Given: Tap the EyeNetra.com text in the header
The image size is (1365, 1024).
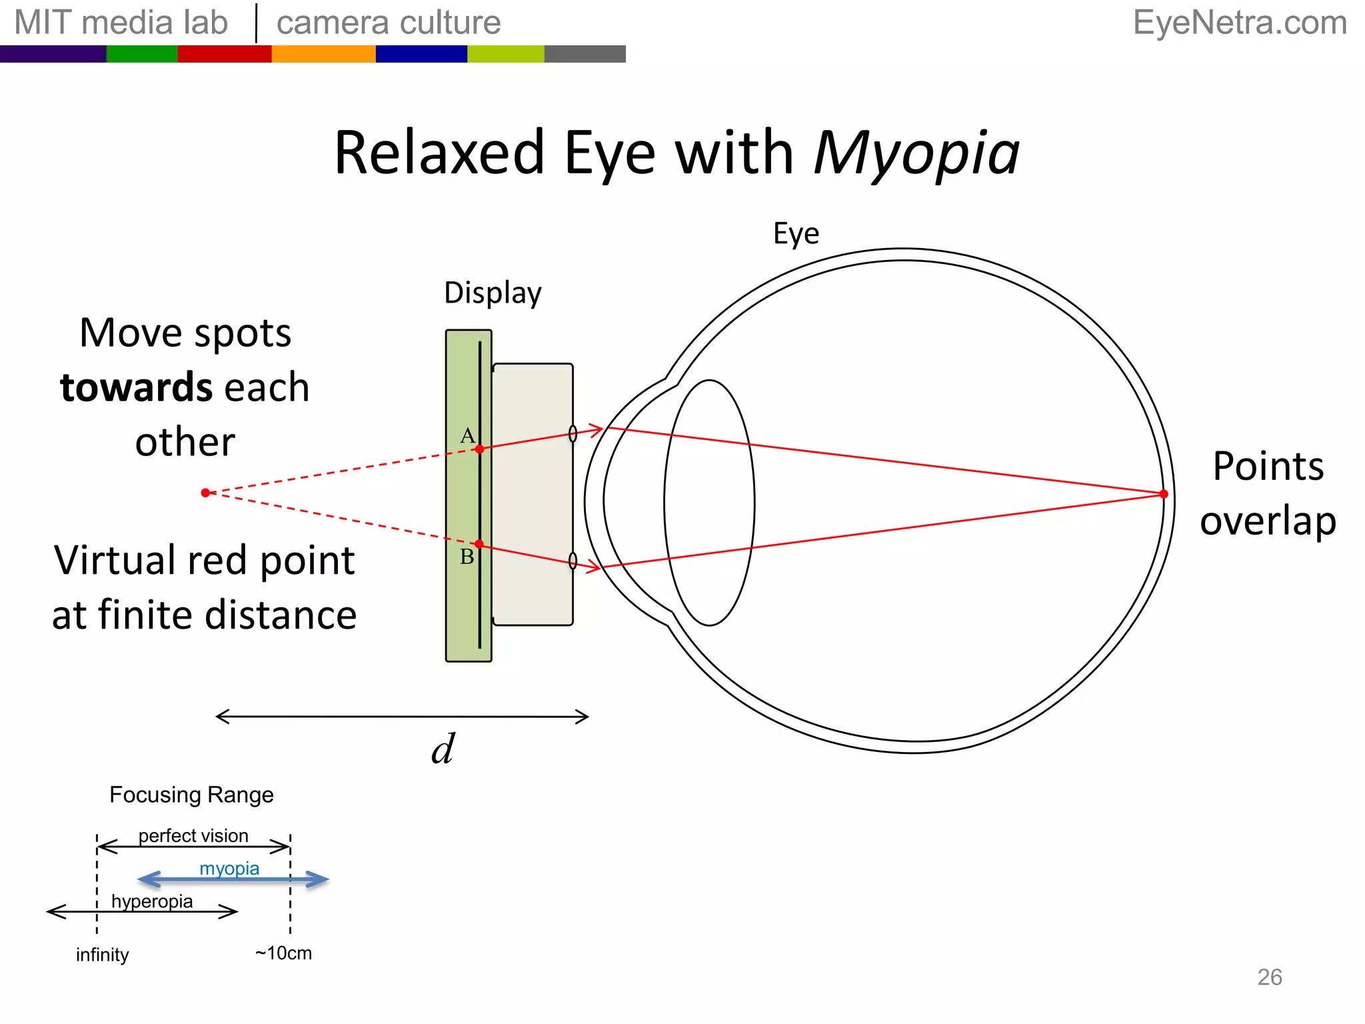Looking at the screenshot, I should pyautogui.click(x=1240, y=23).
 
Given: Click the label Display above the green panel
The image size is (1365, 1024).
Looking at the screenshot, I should pyautogui.click(x=493, y=293).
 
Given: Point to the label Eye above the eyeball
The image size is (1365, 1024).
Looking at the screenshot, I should pyautogui.click(x=796, y=233).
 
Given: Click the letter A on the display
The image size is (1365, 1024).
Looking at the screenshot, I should pyautogui.click(x=467, y=436).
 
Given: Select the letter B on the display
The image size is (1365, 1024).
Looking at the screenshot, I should pyautogui.click(x=467, y=557).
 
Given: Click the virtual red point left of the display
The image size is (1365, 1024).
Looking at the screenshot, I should pyautogui.click(x=205, y=493).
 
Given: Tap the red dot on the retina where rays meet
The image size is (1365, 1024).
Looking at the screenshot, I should pyautogui.click(x=1164, y=494).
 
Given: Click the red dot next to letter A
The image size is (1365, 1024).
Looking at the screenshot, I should pyautogui.click(x=479, y=449).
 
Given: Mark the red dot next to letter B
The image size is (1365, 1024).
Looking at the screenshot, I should pyautogui.click(x=479, y=544).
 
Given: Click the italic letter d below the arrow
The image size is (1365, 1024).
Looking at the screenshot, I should pyautogui.click(x=443, y=749).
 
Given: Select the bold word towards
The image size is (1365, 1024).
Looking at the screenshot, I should pyautogui.click(x=136, y=387).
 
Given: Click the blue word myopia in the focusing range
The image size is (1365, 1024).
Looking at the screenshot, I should pyautogui.click(x=229, y=868).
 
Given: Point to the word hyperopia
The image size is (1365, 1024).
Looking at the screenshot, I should pyautogui.click(x=152, y=901).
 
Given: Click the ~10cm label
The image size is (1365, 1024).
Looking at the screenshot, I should pyautogui.click(x=283, y=953).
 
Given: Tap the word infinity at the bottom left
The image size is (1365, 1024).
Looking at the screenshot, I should pyautogui.click(x=102, y=955).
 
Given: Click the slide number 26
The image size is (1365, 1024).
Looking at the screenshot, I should pyautogui.click(x=1269, y=977).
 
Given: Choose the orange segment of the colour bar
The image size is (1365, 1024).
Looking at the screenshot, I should pyautogui.click(x=323, y=54).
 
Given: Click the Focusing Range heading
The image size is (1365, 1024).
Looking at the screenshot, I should pyautogui.click(x=191, y=795).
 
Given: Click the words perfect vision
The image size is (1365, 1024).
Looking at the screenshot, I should pyautogui.click(x=193, y=835).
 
